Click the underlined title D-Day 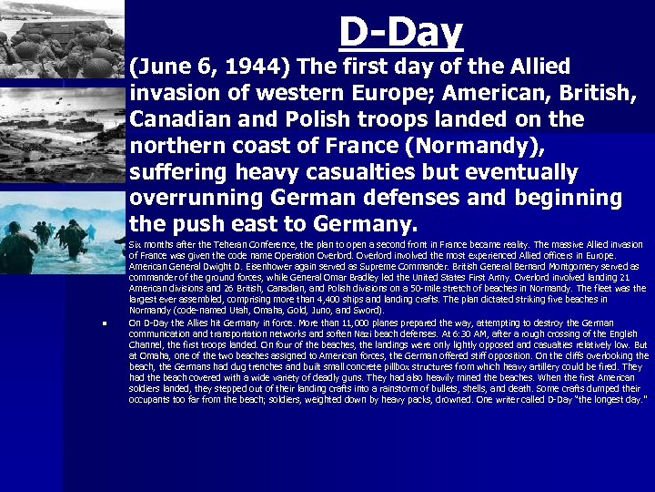click(400, 32)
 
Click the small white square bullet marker click(106, 323)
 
